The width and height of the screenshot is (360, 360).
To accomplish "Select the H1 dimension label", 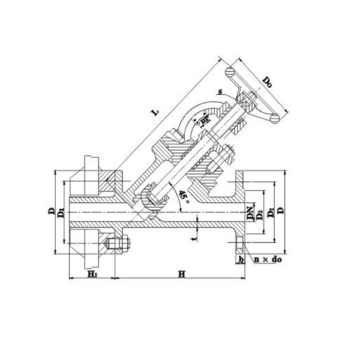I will (x=92, y=274).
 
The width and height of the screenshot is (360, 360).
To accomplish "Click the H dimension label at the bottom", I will (x=181, y=274).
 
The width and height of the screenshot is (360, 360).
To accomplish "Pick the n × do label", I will (x=268, y=259).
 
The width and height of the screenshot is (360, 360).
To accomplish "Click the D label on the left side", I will (x=52, y=211).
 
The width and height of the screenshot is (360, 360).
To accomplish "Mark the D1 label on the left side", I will (x=61, y=214).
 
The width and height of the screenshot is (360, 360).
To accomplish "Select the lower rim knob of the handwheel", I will (x=275, y=117).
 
